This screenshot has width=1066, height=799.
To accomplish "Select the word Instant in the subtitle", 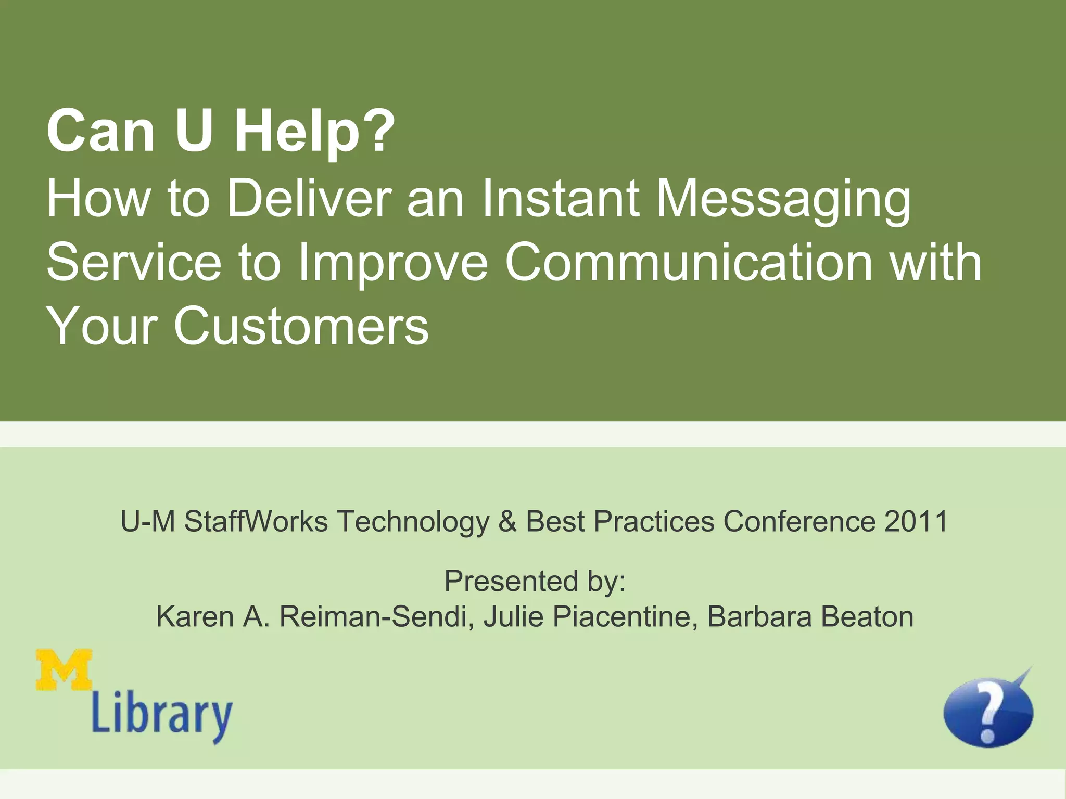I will point(561,199).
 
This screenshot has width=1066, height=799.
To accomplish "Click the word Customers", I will point(301,327).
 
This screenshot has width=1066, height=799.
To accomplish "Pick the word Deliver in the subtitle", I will point(309,199).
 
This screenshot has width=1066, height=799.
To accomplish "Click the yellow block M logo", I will point(65,670).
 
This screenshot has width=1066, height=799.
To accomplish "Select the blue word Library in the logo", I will point(162,718).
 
